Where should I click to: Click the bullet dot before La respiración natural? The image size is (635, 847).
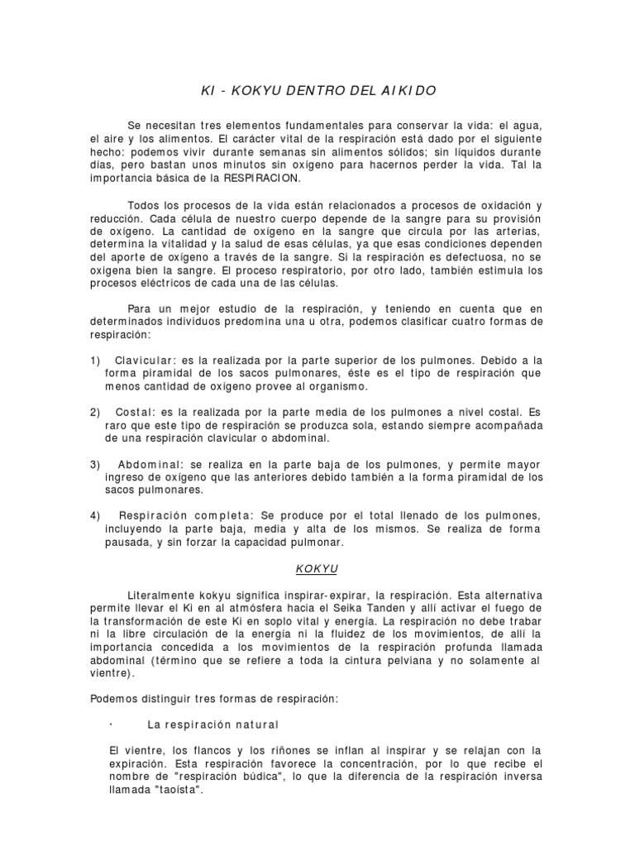click(x=111, y=723)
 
